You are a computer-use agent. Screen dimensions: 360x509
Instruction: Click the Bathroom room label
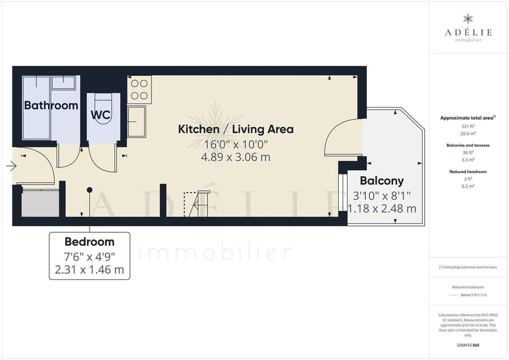(x=51, y=106)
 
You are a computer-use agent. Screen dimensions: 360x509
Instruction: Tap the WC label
(x=100, y=115)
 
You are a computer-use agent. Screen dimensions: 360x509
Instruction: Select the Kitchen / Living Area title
(x=235, y=129)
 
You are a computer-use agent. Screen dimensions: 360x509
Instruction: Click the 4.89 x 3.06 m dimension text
(x=235, y=157)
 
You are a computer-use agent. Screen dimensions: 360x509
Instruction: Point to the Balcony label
(x=382, y=181)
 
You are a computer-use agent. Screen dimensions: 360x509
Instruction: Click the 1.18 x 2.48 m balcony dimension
(x=382, y=208)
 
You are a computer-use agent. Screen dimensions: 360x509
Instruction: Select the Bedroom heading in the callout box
(x=89, y=242)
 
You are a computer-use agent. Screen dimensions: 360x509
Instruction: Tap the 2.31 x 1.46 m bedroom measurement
(x=89, y=269)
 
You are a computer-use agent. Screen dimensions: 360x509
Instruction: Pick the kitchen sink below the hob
(x=136, y=121)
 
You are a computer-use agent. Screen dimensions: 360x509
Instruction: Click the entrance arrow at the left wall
(x=11, y=166)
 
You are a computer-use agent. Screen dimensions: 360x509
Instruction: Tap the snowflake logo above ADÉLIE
(x=468, y=20)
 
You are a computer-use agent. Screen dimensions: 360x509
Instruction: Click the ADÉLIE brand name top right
(x=468, y=32)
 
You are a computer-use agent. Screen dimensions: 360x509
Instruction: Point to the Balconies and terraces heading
(x=468, y=145)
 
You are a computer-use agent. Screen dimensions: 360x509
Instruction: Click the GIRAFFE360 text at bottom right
(x=468, y=345)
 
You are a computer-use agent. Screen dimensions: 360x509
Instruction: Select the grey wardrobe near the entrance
(x=40, y=204)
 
